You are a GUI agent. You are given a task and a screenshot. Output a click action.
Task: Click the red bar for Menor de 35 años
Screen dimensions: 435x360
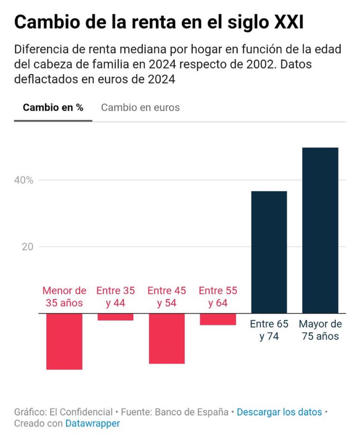(64, 341)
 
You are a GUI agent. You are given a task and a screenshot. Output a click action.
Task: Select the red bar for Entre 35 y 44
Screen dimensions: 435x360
(115, 317)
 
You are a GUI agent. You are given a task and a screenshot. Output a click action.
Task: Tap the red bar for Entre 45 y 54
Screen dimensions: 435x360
(167, 338)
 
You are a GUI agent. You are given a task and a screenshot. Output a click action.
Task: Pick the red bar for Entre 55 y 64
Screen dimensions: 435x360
(218, 319)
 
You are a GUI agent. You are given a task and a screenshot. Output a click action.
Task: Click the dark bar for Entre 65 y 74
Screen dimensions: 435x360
(269, 252)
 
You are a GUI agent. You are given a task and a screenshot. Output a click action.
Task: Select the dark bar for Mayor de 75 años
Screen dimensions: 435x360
(320, 230)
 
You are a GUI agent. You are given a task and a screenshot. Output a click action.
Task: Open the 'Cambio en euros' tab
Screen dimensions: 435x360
(140, 108)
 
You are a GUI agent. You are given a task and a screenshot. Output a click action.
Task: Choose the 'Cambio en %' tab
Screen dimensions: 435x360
(53, 108)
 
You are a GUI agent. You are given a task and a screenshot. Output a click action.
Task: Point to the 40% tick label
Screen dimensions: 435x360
(24, 180)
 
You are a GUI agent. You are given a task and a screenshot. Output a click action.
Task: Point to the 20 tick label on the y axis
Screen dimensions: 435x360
(27, 247)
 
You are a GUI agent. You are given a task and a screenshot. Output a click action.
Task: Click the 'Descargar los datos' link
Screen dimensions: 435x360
(279, 412)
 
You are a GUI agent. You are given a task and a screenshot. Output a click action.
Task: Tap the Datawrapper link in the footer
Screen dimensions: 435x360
(93, 423)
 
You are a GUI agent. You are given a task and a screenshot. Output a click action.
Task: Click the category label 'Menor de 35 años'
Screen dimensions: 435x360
(64, 296)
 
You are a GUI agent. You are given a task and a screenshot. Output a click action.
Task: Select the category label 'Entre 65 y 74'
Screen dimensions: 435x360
(269, 330)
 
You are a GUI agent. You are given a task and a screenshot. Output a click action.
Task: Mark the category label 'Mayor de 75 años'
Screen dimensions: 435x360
(320, 330)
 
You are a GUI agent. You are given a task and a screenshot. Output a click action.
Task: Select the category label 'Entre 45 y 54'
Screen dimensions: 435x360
(167, 296)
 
